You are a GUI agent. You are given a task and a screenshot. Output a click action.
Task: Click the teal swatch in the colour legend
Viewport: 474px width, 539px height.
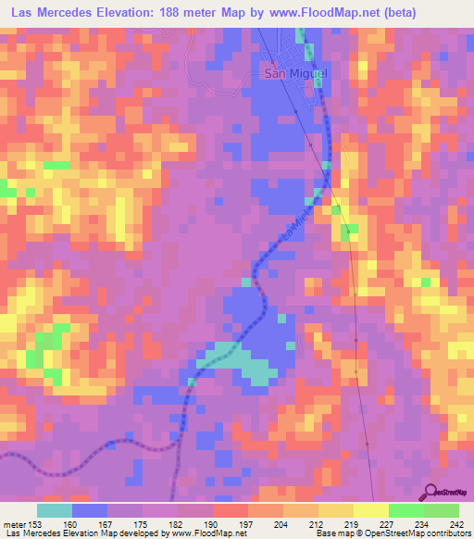tap(55, 511)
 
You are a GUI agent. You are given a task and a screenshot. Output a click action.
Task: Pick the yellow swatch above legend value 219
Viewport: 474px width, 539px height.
tap(336, 511)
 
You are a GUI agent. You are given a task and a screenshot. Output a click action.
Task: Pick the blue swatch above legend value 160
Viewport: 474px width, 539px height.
tap(90, 511)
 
